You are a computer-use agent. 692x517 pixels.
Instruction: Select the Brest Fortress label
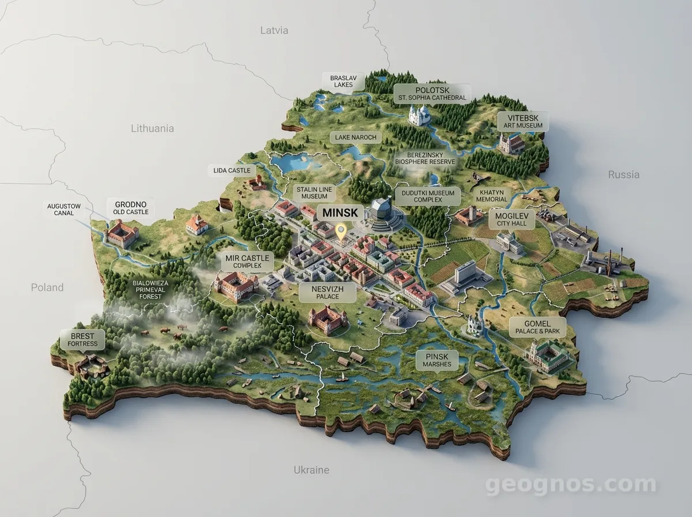pyautogui.click(x=82, y=339)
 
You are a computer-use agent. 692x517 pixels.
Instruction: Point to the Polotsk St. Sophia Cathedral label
pyautogui.click(x=432, y=93)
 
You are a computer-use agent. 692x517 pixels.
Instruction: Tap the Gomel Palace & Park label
pyautogui.click(x=537, y=327)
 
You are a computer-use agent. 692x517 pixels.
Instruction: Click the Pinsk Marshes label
pyautogui.click(x=436, y=361)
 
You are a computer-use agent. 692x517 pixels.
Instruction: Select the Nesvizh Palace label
pyautogui.click(x=327, y=292)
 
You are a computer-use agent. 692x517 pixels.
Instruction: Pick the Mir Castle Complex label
pyautogui.click(x=247, y=261)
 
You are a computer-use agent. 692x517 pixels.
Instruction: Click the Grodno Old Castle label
pyautogui.click(x=130, y=208)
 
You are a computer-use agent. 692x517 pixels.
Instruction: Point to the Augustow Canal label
pyautogui.click(x=64, y=209)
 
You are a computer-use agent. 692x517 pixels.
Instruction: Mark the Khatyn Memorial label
pyautogui.click(x=491, y=196)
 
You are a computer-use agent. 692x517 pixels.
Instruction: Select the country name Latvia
pyautogui.click(x=274, y=30)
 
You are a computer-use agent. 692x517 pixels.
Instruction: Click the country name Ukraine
pyautogui.click(x=311, y=470)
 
